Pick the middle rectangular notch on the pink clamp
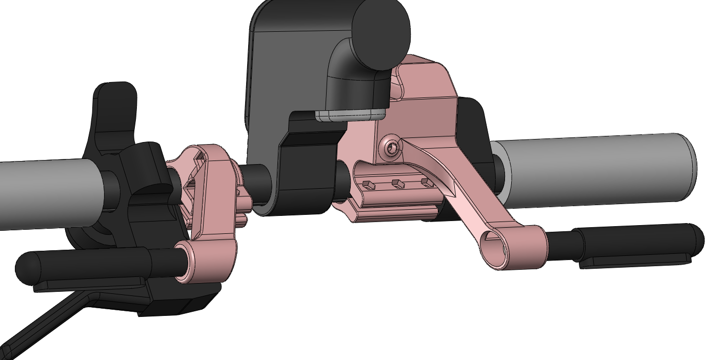[395, 183]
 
